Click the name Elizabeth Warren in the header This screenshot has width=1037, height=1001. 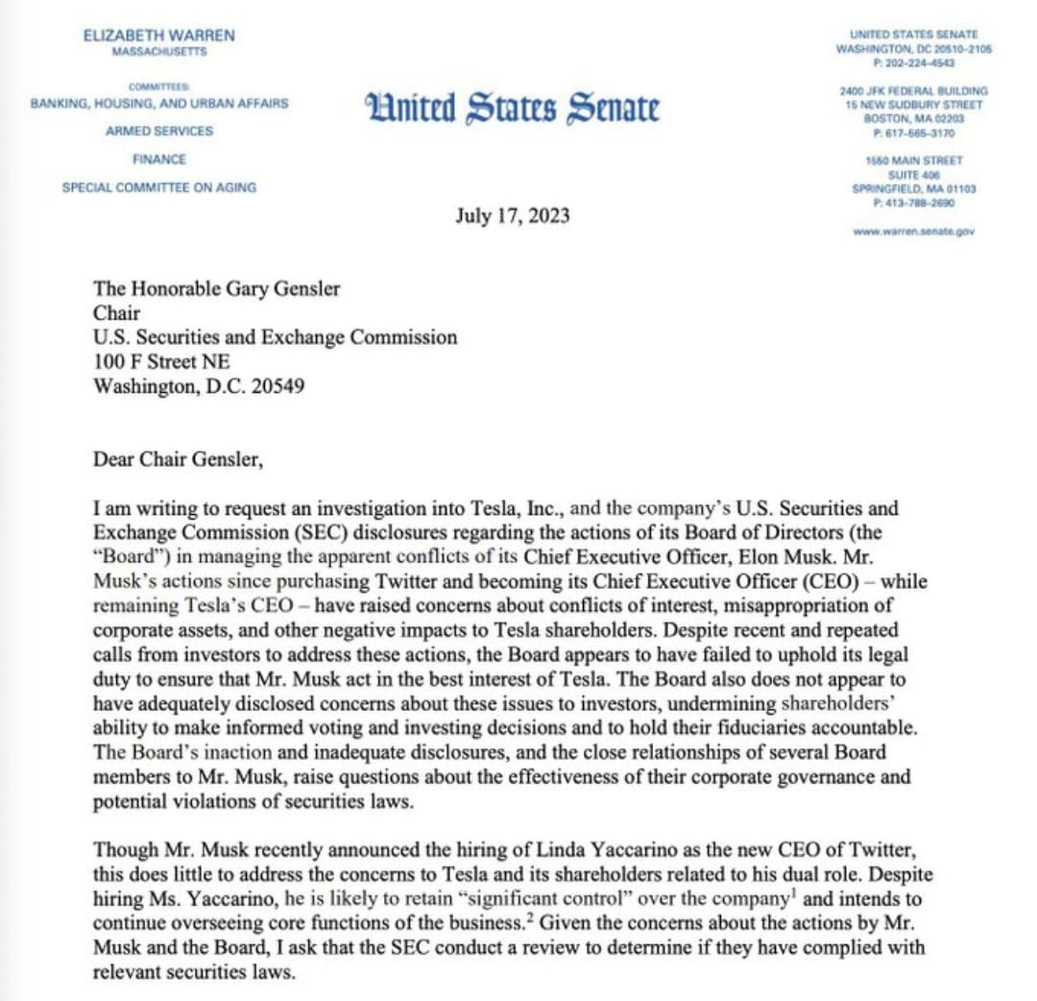click(159, 36)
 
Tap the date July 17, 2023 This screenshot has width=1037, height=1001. click(512, 215)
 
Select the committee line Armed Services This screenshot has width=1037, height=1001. click(159, 131)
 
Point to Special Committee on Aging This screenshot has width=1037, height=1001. click(159, 187)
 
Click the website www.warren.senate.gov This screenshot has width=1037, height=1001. click(913, 232)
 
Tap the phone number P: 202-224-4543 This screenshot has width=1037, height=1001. click(913, 61)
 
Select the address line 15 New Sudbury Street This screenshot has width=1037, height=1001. click(913, 105)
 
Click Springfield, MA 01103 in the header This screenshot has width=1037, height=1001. click(913, 189)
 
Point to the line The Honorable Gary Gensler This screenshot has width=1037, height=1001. click(216, 289)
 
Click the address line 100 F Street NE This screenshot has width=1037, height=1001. click(161, 362)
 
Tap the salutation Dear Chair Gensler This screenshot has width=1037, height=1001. click(177, 459)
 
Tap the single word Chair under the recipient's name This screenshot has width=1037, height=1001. click(116, 313)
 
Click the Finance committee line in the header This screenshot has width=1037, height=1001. click(159, 159)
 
